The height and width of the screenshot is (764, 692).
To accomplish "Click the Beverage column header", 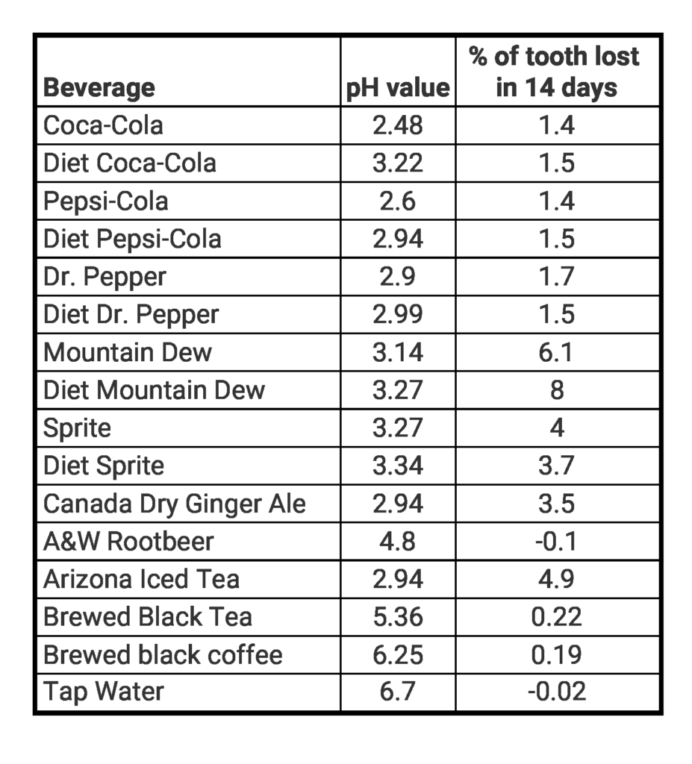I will pos(99,87).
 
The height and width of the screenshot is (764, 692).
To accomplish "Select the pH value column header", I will pos(398,88).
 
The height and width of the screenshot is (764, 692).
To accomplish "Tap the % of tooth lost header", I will pos(556,72).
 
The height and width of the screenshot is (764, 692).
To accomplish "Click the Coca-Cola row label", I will pos(103,125).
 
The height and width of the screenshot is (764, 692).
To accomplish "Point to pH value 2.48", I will pos(398,125).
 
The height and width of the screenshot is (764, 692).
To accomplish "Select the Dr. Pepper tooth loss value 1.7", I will pos(556,276).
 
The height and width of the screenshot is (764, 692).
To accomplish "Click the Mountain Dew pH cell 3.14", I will pos(398,351).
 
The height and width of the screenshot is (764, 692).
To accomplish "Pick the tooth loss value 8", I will pos(557,389).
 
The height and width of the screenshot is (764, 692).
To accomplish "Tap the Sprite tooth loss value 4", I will pos(557,428).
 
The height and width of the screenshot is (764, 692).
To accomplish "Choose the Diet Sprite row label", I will pos(104,466).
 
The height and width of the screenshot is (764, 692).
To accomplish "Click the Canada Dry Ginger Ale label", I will pos(175,504).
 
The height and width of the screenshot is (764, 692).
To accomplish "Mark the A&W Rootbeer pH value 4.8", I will pos(398,542).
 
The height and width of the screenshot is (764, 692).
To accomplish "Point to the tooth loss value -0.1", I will pos(556,542).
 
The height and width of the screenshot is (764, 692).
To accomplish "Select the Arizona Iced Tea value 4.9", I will pos(556,579).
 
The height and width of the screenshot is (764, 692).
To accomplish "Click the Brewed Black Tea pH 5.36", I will pos(398,617).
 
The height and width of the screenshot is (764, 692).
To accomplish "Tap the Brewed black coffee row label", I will pos(163,655).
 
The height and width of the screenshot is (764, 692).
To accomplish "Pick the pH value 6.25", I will pos(398,655).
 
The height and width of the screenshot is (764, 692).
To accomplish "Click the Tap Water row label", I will pos(103,692).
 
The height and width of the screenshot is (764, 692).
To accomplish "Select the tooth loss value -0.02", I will pos(556,692).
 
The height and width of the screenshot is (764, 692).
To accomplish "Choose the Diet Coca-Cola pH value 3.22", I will pos(398,163).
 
